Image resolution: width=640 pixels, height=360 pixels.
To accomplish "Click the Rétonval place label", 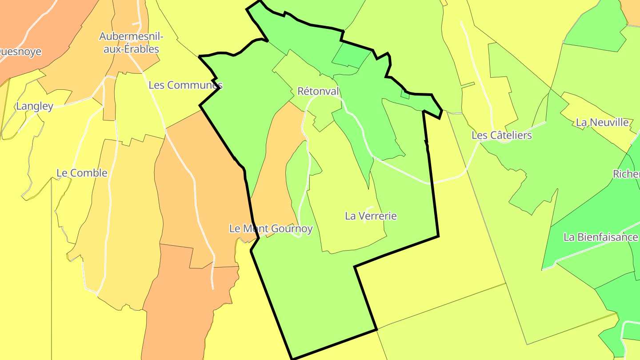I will coord(318,92).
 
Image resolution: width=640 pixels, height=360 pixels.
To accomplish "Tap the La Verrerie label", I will coord(371,216).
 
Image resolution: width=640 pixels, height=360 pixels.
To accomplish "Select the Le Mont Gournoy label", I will coord(271,229).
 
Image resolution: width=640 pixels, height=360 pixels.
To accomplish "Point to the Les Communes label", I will coord(185,85).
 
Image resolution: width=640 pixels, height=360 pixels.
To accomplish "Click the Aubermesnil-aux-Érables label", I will coord(132,43).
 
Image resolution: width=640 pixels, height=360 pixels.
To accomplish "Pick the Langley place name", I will coord(34,106).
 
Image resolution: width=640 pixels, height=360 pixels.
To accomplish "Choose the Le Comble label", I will coord(82,173).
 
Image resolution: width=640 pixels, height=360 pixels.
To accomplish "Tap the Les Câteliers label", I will coord(501,135).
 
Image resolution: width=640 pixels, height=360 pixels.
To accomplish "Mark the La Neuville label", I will coord(602,122).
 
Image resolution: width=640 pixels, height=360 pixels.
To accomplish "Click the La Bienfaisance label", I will coord(600,237).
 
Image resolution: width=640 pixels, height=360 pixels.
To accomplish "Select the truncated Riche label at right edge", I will coord(627,174).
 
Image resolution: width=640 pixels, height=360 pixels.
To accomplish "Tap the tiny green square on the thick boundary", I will coord(405,94).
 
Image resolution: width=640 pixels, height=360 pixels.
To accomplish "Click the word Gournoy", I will coord(291,229).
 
